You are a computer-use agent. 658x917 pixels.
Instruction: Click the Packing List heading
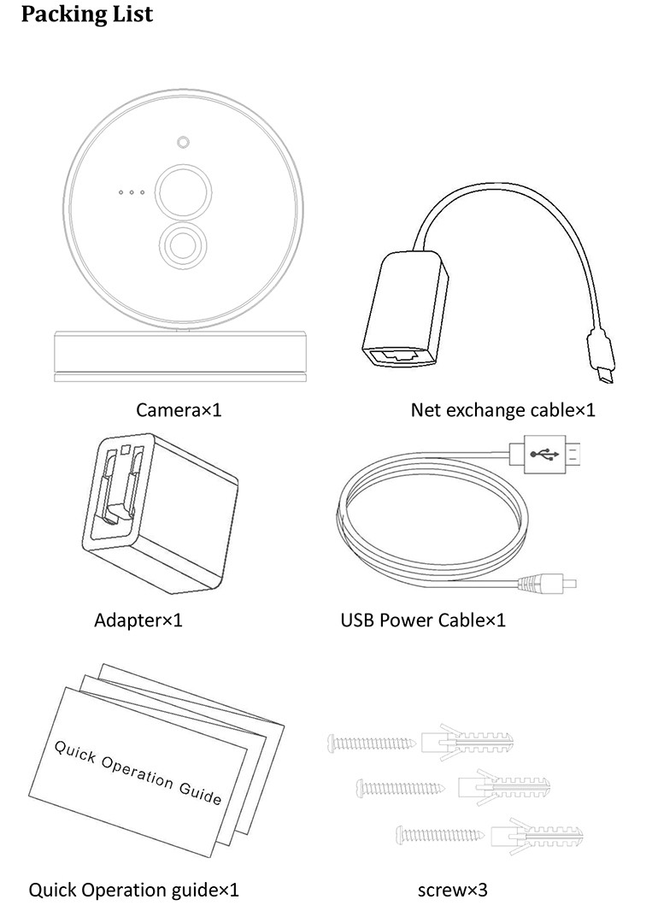click(x=86, y=15)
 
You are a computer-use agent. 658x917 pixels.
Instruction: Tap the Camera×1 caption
click(x=179, y=409)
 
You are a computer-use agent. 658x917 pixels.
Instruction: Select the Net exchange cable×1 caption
click(x=502, y=409)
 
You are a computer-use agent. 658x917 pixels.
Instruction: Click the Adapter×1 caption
click(x=138, y=620)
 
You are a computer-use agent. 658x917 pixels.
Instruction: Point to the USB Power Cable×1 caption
click(x=423, y=620)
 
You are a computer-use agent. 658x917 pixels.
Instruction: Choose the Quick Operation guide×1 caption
click(x=134, y=890)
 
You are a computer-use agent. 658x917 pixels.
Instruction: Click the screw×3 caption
click(x=452, y=890)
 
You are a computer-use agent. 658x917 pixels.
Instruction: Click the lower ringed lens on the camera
click(x=182, y=244)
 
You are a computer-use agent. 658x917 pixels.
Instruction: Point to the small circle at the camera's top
click(x=183, y=142)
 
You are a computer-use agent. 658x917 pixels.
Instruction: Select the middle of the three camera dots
click(x=132, y=192)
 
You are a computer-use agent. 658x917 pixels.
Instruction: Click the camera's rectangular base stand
click(x=179, y=352)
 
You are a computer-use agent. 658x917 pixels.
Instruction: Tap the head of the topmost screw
click(x=332, y=744)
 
